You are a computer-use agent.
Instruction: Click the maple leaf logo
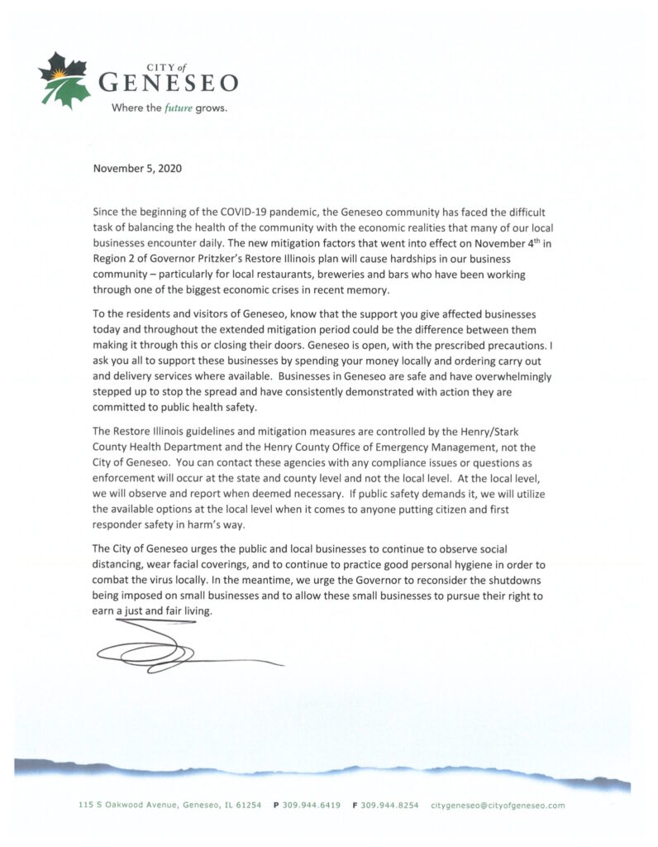pos(64,79)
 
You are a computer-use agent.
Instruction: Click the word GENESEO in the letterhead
pos(168,83)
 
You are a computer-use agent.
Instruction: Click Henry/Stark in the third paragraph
pos(511,435)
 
